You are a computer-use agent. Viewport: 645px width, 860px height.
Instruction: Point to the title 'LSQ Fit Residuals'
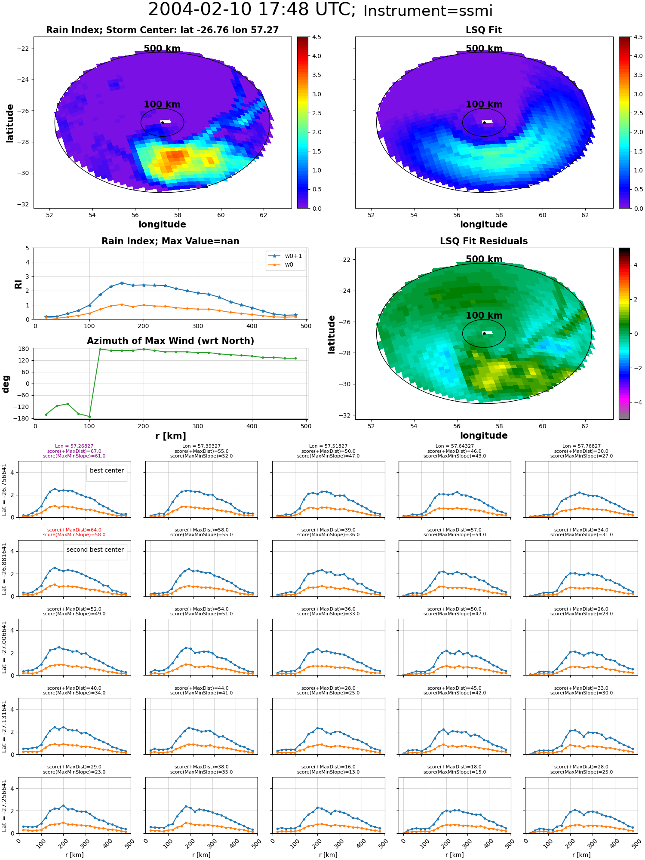[484, 241]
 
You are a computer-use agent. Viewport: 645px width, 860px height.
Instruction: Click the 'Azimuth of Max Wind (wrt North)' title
[170, 341]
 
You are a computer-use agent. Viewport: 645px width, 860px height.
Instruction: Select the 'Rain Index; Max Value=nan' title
[170, 241]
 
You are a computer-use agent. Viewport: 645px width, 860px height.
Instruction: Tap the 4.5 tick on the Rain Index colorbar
[316, 37]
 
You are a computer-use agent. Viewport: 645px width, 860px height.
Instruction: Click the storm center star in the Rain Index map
[163, 123]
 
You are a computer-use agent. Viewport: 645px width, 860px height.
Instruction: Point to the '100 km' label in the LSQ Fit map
[484, 104]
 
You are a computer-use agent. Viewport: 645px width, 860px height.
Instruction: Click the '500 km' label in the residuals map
[484, 259]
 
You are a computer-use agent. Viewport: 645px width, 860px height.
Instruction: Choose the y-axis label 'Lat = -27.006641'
[4, 647]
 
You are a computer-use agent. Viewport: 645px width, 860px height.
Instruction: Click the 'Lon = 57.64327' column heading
[455, 446]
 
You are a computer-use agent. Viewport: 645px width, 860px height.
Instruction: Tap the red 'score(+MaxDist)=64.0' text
[74, 530]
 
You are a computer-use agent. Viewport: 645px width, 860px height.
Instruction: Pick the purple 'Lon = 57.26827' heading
[74, 446]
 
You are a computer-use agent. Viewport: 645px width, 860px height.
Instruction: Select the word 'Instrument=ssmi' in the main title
[428, 11]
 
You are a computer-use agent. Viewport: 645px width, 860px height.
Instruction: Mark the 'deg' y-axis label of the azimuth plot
[6, 384]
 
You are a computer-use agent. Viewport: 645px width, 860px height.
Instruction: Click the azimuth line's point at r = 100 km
[89, 417]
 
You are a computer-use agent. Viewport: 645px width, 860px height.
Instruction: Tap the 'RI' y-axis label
[18, 284]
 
